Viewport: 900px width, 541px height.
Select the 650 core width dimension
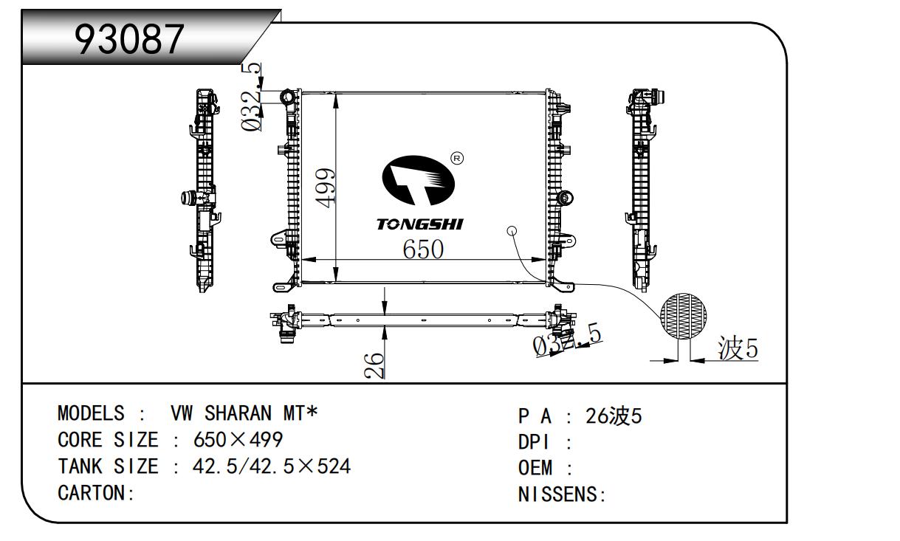point(423,249)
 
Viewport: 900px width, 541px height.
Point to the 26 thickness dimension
point(376,365)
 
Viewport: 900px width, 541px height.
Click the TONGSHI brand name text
point(419,224)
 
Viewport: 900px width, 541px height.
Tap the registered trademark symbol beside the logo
point(456,159)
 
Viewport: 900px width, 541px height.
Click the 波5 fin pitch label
point(738,348)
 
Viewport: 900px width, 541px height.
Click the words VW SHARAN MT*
point(244,413)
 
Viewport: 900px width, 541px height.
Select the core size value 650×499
point(238,440)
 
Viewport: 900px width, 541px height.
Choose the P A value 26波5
point(614,417)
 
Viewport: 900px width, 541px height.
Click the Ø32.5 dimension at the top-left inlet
point(252,97)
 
